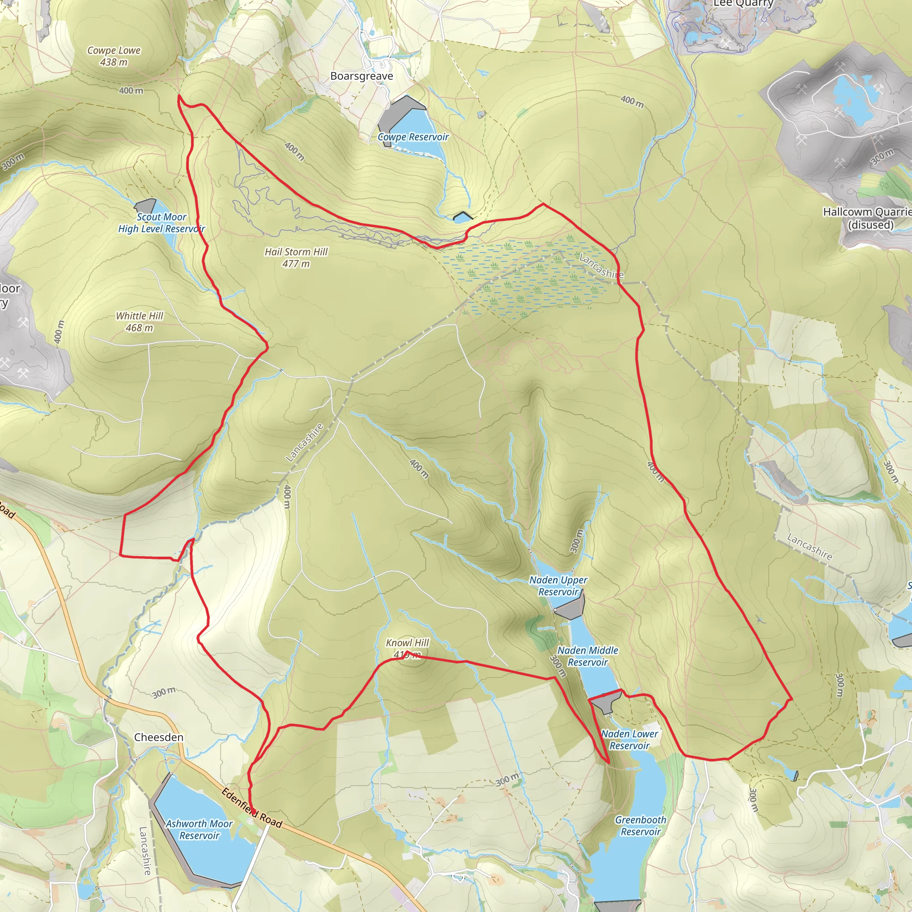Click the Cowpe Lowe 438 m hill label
[114, 56]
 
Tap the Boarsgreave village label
[362, 76]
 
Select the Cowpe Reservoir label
[413, 137]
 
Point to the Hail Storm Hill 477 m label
[296, 258]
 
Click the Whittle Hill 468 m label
[139, 322]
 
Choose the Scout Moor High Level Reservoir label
[162, 223]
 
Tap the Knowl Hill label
[407, 643]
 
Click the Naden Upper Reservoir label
[558, 586]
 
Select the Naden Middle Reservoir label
[588, 656]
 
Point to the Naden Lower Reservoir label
[630, 740]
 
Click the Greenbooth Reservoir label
[640, 826]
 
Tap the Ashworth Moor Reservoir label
[199, 829]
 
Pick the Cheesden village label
[159, 737]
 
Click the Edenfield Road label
[252, 808]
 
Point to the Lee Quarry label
[743, 4]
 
